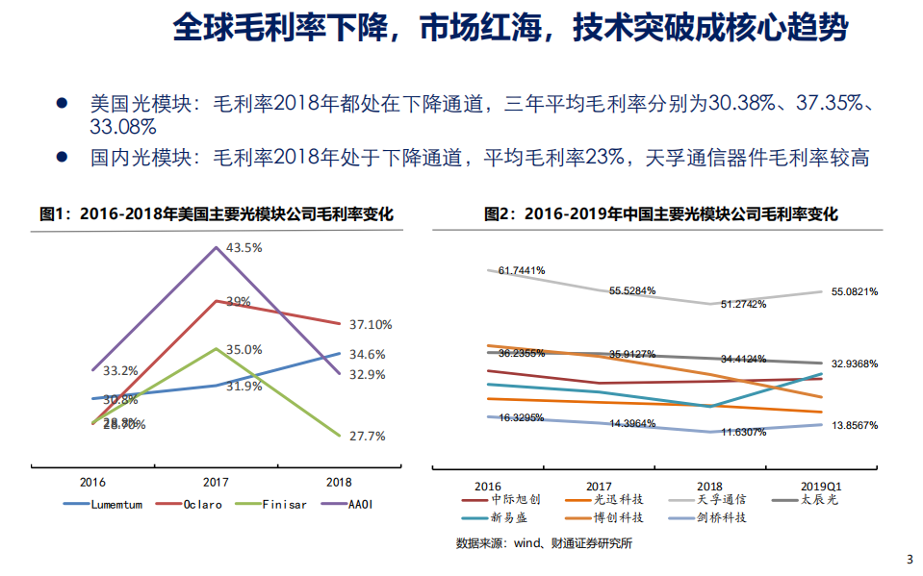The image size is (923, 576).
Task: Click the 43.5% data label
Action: [x=244, y=248]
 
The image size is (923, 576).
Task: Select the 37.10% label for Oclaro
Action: [x=371, y=324]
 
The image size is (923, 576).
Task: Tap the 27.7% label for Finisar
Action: [x=367, y=436]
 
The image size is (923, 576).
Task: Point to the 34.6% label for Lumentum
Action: [x=367, y=354]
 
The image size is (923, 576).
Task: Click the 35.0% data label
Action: [x=244, y=350]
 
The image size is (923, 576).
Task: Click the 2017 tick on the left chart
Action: [x=215, y=482]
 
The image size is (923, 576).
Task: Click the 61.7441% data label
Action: [x=521, y=271]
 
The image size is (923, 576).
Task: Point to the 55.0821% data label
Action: [x=853, y=290]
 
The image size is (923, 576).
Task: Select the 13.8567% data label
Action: [x=853, y=424]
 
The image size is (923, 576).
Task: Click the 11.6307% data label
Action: [x=739, y=432]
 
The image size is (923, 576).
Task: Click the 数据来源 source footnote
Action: [x=544, y=543]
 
